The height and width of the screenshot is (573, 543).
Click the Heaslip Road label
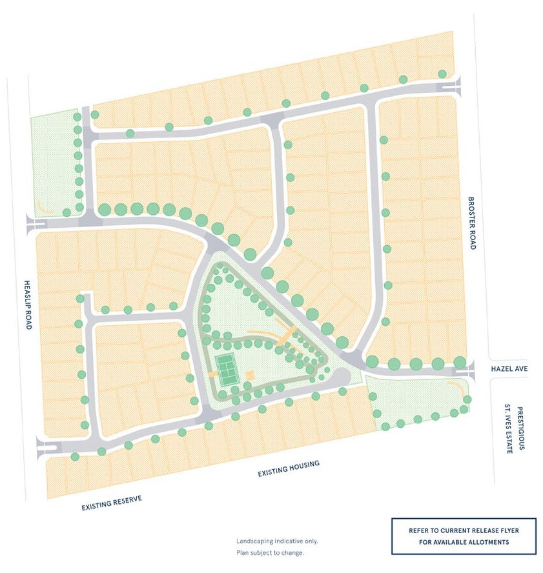[x=28, y=305]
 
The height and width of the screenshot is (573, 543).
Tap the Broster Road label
[x=471, y=223]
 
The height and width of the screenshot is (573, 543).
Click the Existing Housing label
[x=289, y=470]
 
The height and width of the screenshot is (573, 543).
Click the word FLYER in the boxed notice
[x=505, y=530]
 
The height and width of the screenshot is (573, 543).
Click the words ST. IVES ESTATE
[x=508, y=429]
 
